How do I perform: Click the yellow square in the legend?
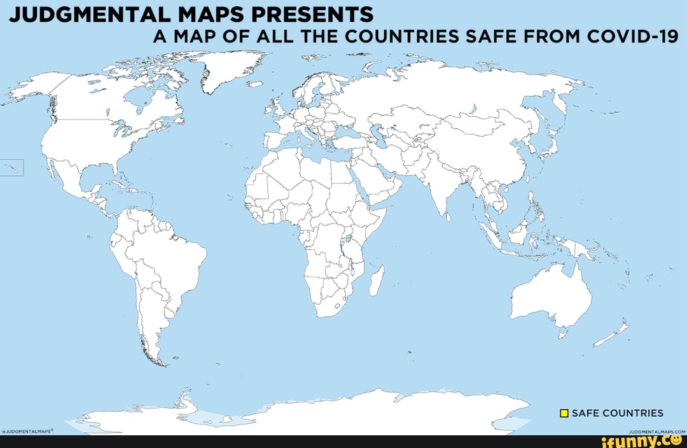pyautogui.click(x=564, y=414)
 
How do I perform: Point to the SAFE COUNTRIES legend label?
pyautogui.click(x=618, y=414)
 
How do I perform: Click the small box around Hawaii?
pyautogui.click(x=12, y=167)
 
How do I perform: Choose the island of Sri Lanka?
pyautogui.click(x=450, y=216)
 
